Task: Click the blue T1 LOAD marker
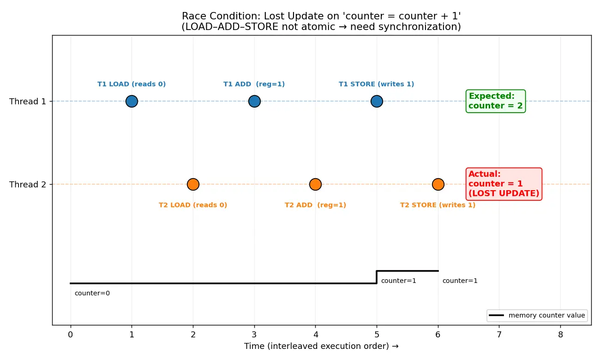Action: point(132,101)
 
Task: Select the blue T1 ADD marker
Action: point(254,101)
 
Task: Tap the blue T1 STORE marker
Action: point(377,101)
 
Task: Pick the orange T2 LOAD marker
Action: point(193,184)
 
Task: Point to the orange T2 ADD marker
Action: point(315,184)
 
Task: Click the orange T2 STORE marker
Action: point(438,184)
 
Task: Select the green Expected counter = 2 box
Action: point(496,101)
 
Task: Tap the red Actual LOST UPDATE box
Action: point(504,184)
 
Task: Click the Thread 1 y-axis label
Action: point(28,102)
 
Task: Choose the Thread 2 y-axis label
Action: point(28,185)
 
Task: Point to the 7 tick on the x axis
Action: point(499,335)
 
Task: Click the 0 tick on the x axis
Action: point(71,335)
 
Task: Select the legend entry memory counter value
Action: point(537,315)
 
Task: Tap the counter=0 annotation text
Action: point(92,293)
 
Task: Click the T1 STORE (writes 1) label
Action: point(376,84)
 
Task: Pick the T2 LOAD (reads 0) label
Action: point(193,205)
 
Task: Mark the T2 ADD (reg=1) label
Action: point(315,205)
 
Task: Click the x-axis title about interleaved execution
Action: point(321,346)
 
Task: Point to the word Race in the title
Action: point(194,16)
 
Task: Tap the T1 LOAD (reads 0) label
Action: point(132,84)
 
